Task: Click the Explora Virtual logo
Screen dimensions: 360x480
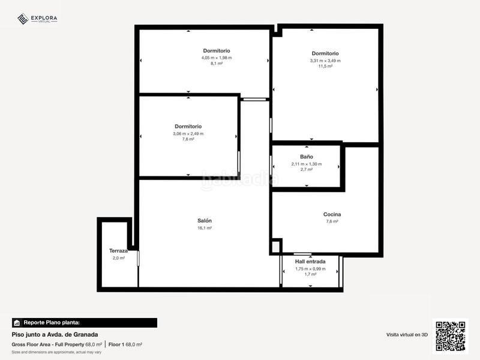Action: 37,19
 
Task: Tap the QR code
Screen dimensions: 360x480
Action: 450,335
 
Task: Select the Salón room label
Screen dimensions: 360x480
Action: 205,221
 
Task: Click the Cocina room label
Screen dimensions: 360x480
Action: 332,214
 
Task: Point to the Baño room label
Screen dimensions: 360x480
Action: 307,157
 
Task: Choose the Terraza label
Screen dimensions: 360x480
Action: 118,251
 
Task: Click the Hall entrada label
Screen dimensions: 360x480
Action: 310,262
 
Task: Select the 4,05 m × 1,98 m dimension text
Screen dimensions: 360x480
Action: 217,58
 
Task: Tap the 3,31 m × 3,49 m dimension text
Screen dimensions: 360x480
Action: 325,60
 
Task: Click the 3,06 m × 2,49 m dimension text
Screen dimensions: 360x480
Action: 188,133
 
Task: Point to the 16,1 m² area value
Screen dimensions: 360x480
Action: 205,228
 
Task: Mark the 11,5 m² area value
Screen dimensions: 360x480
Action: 325,67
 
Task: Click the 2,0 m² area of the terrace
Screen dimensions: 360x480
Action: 118,258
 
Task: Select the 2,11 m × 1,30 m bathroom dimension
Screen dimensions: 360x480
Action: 307,164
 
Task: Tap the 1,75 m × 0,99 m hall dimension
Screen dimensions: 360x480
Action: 310,269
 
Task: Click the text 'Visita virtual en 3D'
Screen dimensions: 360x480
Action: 407,334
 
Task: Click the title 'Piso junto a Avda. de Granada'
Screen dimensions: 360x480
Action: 55,334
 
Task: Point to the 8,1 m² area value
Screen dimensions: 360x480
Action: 217,64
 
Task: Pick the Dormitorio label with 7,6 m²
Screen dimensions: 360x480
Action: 188,126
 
